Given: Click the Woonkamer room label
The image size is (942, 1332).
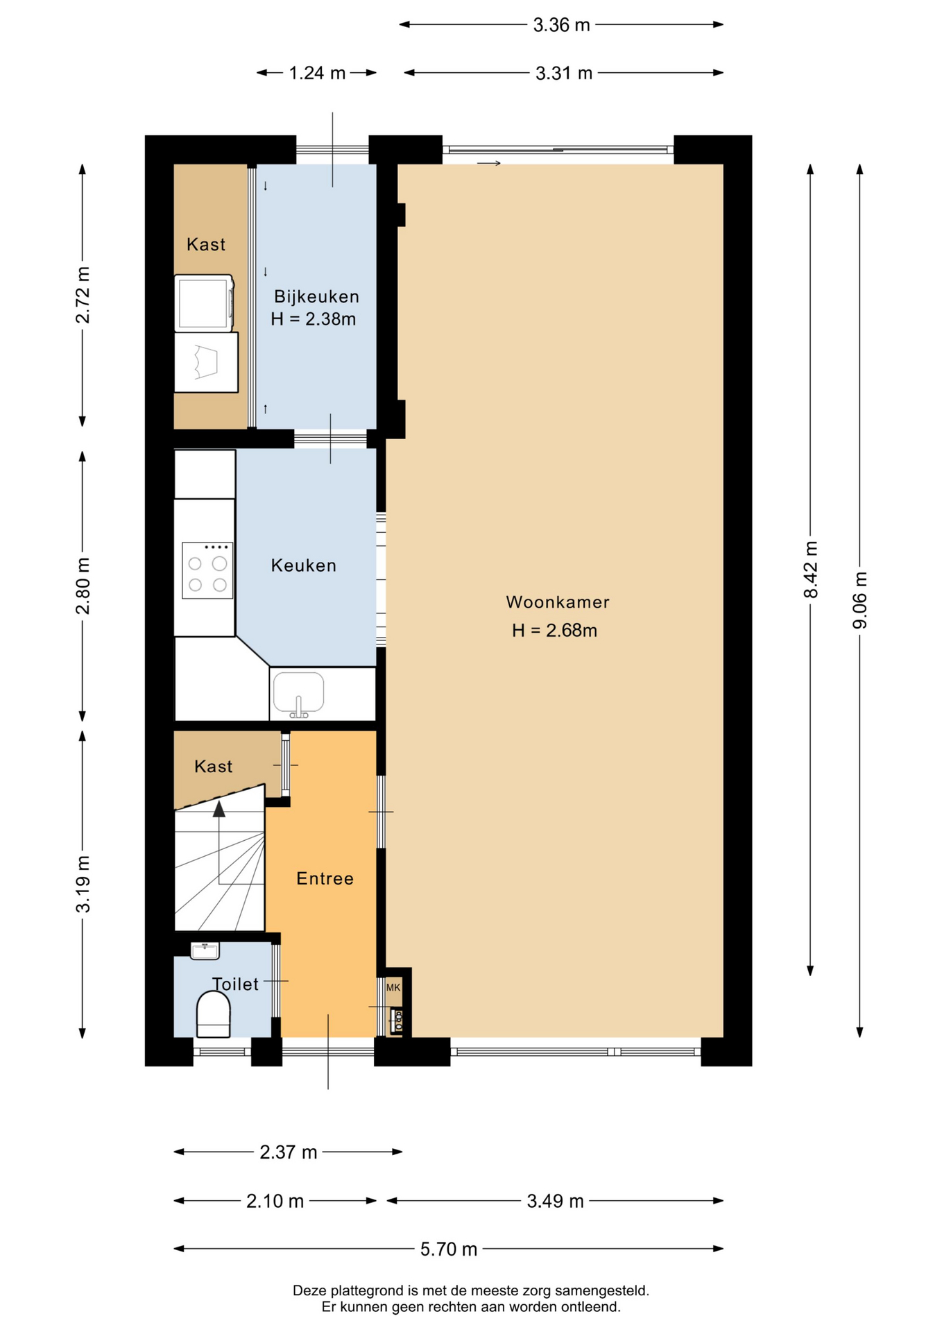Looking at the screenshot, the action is (x=557, y=602).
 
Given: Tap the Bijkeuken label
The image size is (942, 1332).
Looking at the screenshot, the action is (x=316, y=297).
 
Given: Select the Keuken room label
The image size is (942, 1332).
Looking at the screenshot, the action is (x=304, y=565).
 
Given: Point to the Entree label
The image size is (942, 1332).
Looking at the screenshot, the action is (x=325, y=879).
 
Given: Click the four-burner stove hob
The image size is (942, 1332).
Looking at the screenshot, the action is (x=207, y=570).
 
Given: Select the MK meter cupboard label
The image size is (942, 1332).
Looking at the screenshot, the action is (x=393, y=987).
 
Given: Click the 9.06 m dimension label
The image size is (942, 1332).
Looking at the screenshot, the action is (x=859, y=601).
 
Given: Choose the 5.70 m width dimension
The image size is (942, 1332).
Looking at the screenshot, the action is (x=449, y=1249).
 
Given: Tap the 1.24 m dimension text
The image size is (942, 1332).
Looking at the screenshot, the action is (x=317, y=73).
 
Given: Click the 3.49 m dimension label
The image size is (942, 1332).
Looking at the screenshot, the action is (x=555, y=1201).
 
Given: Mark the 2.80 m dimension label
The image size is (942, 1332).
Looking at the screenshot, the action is (x=83, y=586).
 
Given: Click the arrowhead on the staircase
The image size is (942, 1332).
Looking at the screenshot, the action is (x=219, y=808).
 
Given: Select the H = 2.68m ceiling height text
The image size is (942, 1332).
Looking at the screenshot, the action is (x=554, y=631).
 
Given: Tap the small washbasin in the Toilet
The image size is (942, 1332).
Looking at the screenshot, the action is (x=205, y=950).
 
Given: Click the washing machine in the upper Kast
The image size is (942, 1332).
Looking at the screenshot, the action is (x=204, y=304).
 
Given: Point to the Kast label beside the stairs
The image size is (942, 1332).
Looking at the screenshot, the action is (x=213, y=767).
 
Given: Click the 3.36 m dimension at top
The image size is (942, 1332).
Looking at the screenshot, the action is (x=561, y=25).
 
